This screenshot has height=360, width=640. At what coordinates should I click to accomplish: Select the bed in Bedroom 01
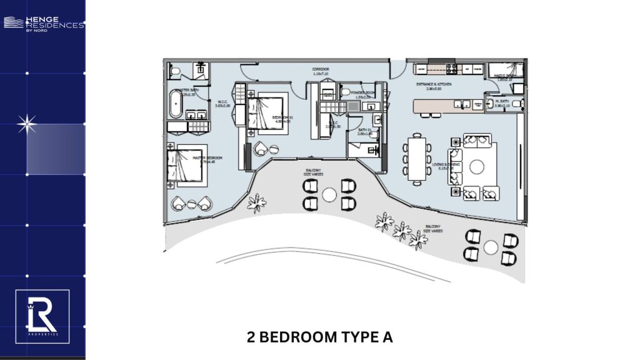266,111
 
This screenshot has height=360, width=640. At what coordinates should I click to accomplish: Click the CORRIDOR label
321,69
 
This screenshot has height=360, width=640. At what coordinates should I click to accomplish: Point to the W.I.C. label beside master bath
223,103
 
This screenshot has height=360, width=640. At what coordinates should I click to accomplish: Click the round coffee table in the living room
477,166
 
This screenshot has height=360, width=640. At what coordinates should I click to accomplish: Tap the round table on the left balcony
329,194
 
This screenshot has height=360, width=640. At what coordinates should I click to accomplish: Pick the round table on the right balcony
491,247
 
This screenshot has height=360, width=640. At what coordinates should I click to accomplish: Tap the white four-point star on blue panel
26,125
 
